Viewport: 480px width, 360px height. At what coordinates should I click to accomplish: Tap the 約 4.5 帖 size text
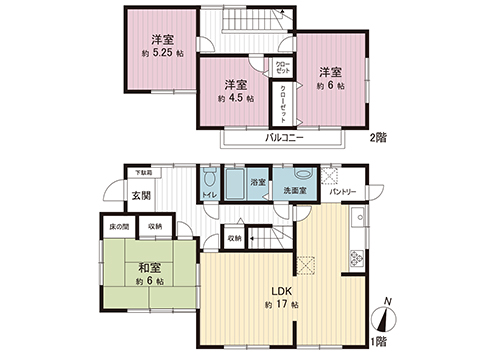pos(236,100)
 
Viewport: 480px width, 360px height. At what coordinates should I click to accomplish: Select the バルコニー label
pos(285,137)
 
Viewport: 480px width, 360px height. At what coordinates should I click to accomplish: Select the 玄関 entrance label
pos(141,196)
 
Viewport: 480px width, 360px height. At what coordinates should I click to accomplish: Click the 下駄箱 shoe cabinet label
pos(146,173)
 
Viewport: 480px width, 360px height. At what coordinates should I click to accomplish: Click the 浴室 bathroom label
pos(258,183)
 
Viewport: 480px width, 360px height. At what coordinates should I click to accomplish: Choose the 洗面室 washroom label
pos(297,189)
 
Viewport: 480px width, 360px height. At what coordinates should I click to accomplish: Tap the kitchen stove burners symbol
pos(357,258)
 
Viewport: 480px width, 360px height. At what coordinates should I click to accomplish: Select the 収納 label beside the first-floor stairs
pos(233,238)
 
